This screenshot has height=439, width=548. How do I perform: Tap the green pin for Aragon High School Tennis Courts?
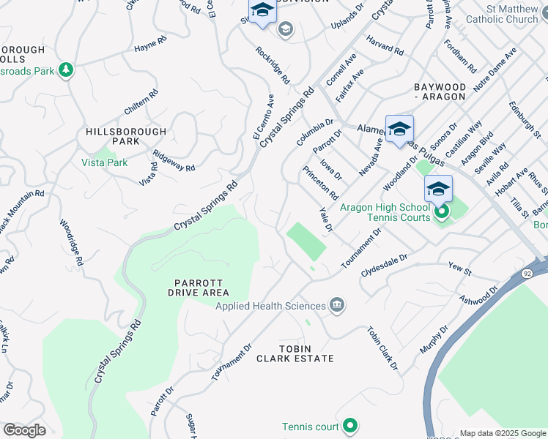[442, 213]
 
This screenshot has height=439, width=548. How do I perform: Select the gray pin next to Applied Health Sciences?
[336, 305]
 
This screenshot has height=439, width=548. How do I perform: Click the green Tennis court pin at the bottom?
[350, 425]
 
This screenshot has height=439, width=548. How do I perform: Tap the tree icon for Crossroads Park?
[67, 70]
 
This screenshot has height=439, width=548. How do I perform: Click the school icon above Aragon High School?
[438, 190]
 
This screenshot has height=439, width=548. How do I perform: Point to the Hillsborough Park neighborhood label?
[126, 136]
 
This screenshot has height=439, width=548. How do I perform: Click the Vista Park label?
[104, 162]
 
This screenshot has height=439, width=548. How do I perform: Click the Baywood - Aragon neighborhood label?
[440, 91]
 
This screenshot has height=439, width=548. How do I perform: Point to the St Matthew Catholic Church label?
[502, 14]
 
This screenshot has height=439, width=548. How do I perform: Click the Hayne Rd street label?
[146, 48]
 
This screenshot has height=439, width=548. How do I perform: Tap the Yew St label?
[459, 270]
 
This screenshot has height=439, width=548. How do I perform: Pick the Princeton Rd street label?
[319, 183]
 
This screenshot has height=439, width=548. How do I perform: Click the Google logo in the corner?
[24, 430]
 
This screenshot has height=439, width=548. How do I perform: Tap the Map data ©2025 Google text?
[502, 433]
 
